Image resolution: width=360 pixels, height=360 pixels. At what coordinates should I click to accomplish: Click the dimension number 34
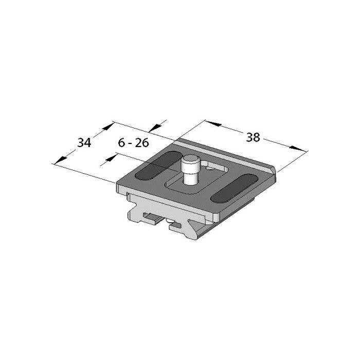[84, 143]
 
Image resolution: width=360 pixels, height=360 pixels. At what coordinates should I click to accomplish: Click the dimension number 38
[253, 137]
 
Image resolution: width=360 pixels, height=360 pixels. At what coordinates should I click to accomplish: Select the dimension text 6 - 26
[133, 143]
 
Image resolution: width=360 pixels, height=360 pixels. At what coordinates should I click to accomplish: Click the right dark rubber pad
[234, 188]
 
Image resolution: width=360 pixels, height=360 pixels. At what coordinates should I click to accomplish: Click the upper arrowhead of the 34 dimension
[109, 126]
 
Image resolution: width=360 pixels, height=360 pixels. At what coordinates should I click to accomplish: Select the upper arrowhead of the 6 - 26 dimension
[157, 127]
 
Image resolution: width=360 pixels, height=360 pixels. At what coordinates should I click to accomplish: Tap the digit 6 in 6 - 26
[121, 143]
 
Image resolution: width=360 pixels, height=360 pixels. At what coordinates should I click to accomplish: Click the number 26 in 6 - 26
[142, 143]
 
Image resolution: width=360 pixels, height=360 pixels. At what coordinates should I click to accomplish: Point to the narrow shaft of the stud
[189, 177]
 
